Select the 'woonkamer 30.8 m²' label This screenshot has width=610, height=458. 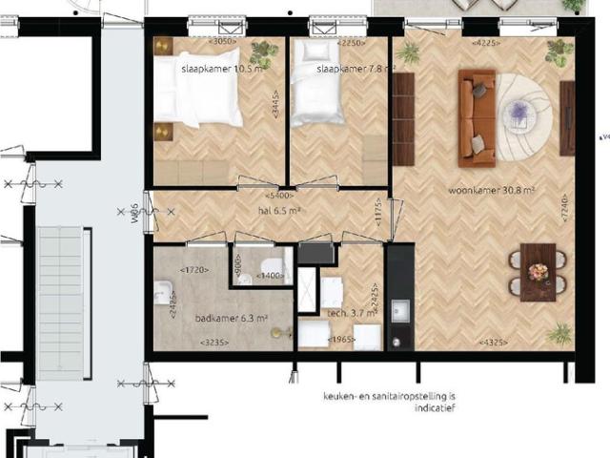(x=492, y=190)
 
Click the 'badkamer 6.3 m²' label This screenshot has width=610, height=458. (x=231, y=320)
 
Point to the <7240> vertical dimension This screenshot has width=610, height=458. (x=564, y=229)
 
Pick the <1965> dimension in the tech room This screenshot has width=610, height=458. (x=341, y=341)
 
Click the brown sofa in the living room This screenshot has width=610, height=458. (x=475, y=114)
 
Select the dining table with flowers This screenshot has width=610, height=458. (x=538, y=271)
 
